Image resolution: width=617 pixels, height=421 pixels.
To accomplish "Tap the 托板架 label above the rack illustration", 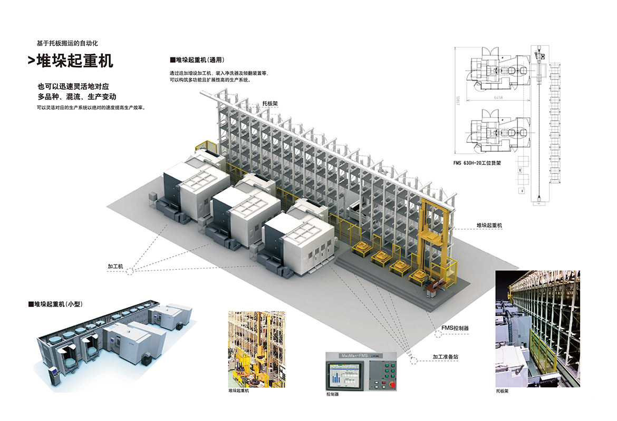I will point(269,104).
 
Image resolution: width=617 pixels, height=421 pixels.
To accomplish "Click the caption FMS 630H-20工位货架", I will point(477,163).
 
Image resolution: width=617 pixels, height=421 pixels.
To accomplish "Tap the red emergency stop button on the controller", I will point(392,385).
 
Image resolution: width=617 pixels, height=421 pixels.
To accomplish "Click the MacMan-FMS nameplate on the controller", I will point(348,356).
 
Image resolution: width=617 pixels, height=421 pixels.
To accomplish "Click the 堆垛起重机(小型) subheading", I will point(55,304).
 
